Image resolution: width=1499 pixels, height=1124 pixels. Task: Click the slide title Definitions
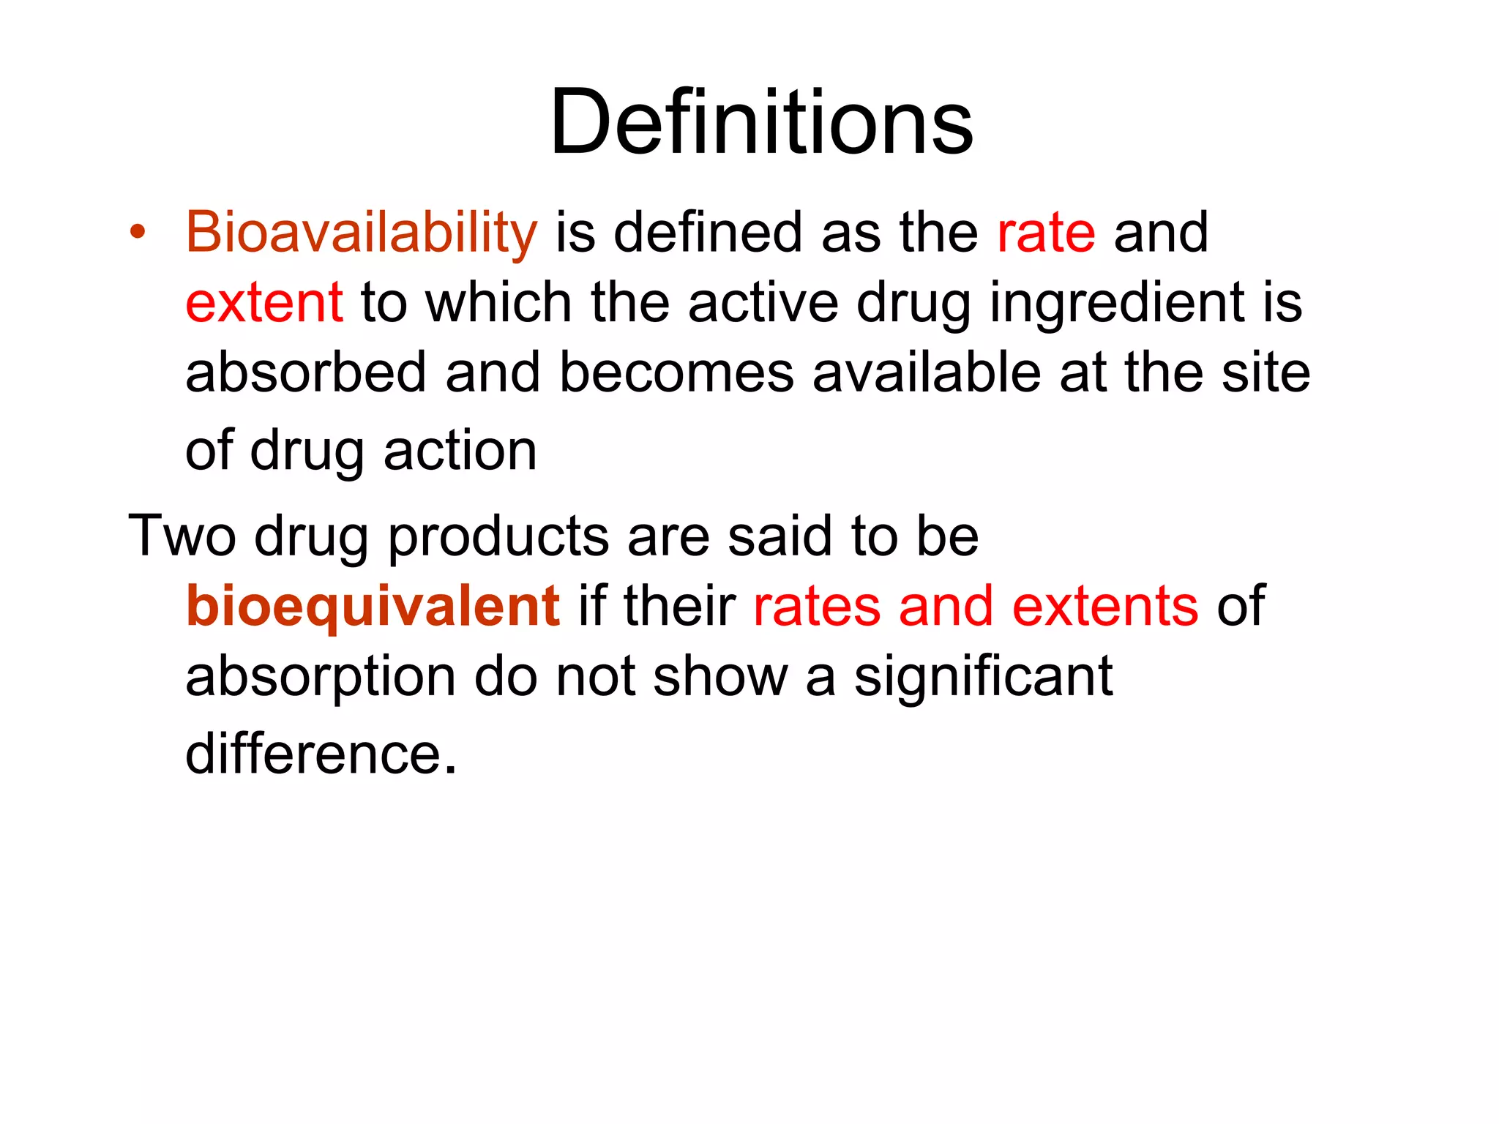(x=761, y=122)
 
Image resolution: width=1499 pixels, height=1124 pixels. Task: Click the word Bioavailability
(x=362, y=233)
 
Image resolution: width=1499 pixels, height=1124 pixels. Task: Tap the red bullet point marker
(x=137, y=232)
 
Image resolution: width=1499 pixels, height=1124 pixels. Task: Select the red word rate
(x=1046, y=233)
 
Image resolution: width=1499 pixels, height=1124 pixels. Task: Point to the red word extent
(x=263, y=303)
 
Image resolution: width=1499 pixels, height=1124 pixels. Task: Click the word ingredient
(x=1117, y=303)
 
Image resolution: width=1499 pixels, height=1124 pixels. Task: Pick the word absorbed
(x=305, y=372)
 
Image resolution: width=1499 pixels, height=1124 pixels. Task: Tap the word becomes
(x=676, y=372)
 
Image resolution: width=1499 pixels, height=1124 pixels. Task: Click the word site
(x=1266, y=372)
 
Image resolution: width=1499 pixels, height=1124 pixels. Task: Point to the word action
(x=460, y=451)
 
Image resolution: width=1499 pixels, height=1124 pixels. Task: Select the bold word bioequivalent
(x=373, y=607)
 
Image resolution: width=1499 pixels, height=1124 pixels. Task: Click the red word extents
(x=1105, y=607)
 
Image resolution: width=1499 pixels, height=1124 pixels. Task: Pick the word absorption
(x=321, y=677)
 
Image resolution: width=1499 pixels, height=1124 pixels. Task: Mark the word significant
(x=983, y=677)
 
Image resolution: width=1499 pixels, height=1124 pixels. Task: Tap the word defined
(x=708, y=233)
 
